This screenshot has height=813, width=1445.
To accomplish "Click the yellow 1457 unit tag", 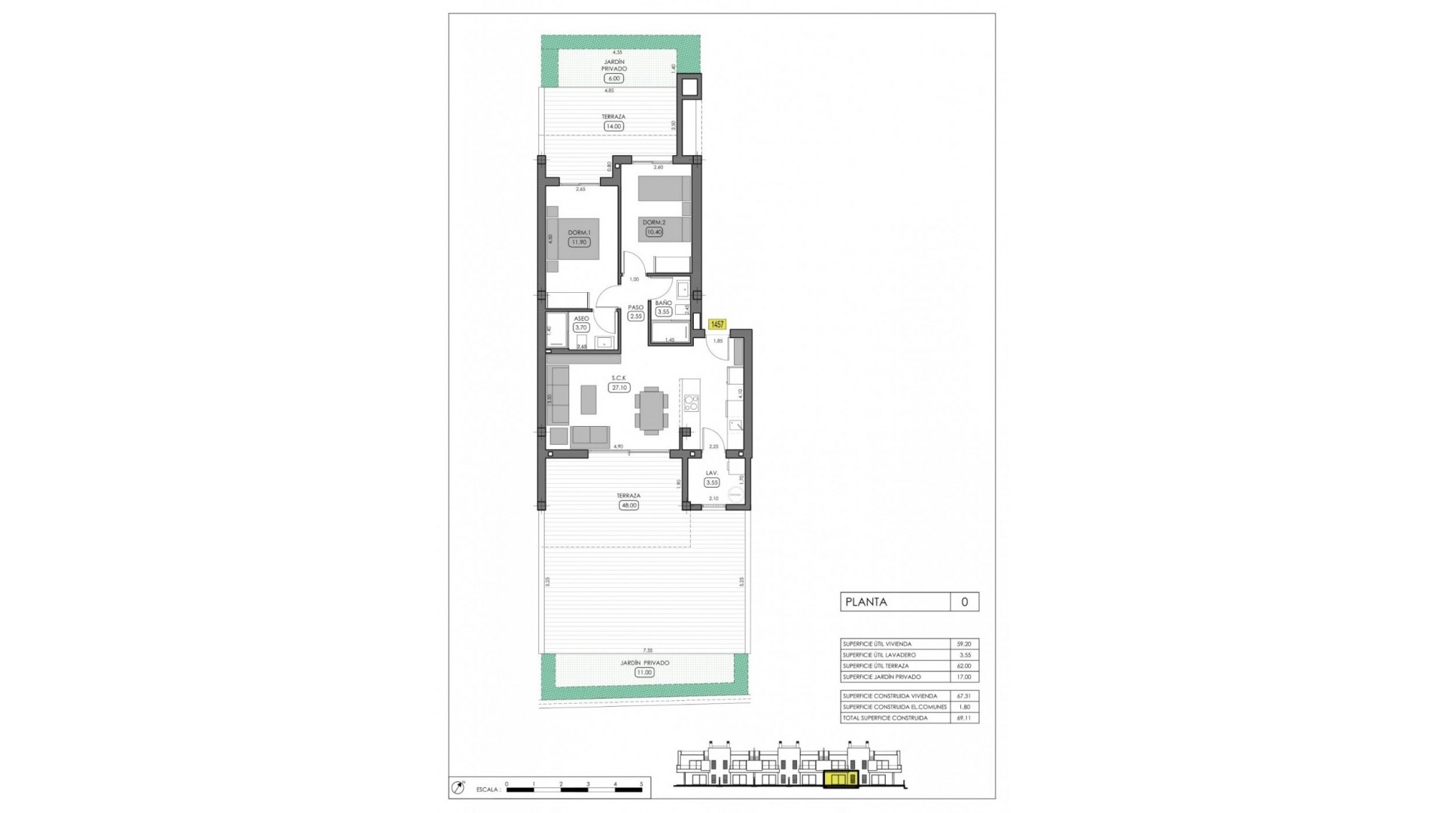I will (716, 324).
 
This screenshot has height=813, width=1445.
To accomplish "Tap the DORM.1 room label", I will (579, 233).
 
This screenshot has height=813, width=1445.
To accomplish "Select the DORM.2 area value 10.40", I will (654, 232).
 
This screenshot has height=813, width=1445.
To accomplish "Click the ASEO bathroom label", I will (581, 318).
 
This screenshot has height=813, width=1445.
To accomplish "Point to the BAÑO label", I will (663, 303).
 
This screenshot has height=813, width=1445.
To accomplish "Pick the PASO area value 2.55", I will (636, 316).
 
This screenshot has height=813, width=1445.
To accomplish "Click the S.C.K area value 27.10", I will (619, 388).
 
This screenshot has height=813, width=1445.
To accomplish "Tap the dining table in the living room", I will (651, 410).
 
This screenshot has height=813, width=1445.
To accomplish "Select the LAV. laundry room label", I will (711, 473).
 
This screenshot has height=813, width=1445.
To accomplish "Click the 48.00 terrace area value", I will (628, 505).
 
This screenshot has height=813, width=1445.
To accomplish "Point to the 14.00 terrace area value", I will (613, 126).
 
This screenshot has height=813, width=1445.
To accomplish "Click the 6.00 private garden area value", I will (613, 78).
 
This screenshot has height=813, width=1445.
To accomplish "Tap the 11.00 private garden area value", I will (644, 672).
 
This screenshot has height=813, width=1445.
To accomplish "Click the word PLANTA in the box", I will (866, 601).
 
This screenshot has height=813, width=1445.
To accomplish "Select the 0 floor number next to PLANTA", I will (964, 601).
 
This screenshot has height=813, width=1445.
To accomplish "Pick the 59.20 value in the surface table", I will (963, 644).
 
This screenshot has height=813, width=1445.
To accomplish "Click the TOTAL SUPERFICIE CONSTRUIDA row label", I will (885, 717).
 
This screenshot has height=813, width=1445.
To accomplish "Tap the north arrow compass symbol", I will (458, 787).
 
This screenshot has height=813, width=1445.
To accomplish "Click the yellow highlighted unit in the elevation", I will (841, 779).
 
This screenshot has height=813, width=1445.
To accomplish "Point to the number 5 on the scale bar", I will (641, 784).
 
